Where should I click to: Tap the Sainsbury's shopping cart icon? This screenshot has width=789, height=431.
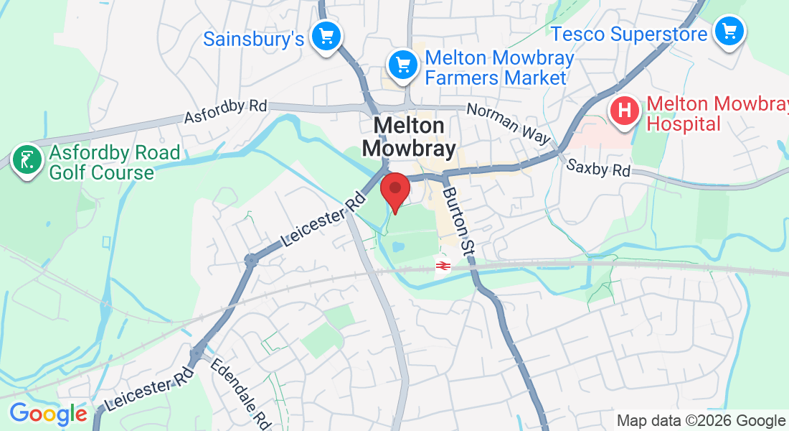tap(327, 35)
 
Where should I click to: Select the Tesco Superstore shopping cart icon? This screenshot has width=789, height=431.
tap(730, 32)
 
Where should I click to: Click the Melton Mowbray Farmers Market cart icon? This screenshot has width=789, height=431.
tap(403, 65)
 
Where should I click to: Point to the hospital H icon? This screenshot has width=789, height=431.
tap(624, 111)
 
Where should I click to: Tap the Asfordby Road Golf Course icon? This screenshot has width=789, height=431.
tap(27, 159)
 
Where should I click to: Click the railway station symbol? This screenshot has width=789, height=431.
tap(443, 267)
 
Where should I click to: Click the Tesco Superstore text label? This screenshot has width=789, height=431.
tap(629, 34)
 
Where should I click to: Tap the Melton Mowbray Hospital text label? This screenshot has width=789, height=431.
tap(716, 113)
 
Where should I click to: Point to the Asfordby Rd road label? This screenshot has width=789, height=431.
tap(225, 111)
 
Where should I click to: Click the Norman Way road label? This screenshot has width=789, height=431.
tap(509, 124)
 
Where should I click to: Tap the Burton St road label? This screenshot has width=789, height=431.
tap(459, 222)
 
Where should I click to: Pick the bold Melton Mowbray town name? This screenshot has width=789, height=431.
tap(409, 137)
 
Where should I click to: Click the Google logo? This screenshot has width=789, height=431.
tap(48, 414)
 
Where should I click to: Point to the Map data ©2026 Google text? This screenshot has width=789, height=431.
tap(701, 421)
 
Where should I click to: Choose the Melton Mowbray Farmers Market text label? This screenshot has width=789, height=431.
tap(499, 68)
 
